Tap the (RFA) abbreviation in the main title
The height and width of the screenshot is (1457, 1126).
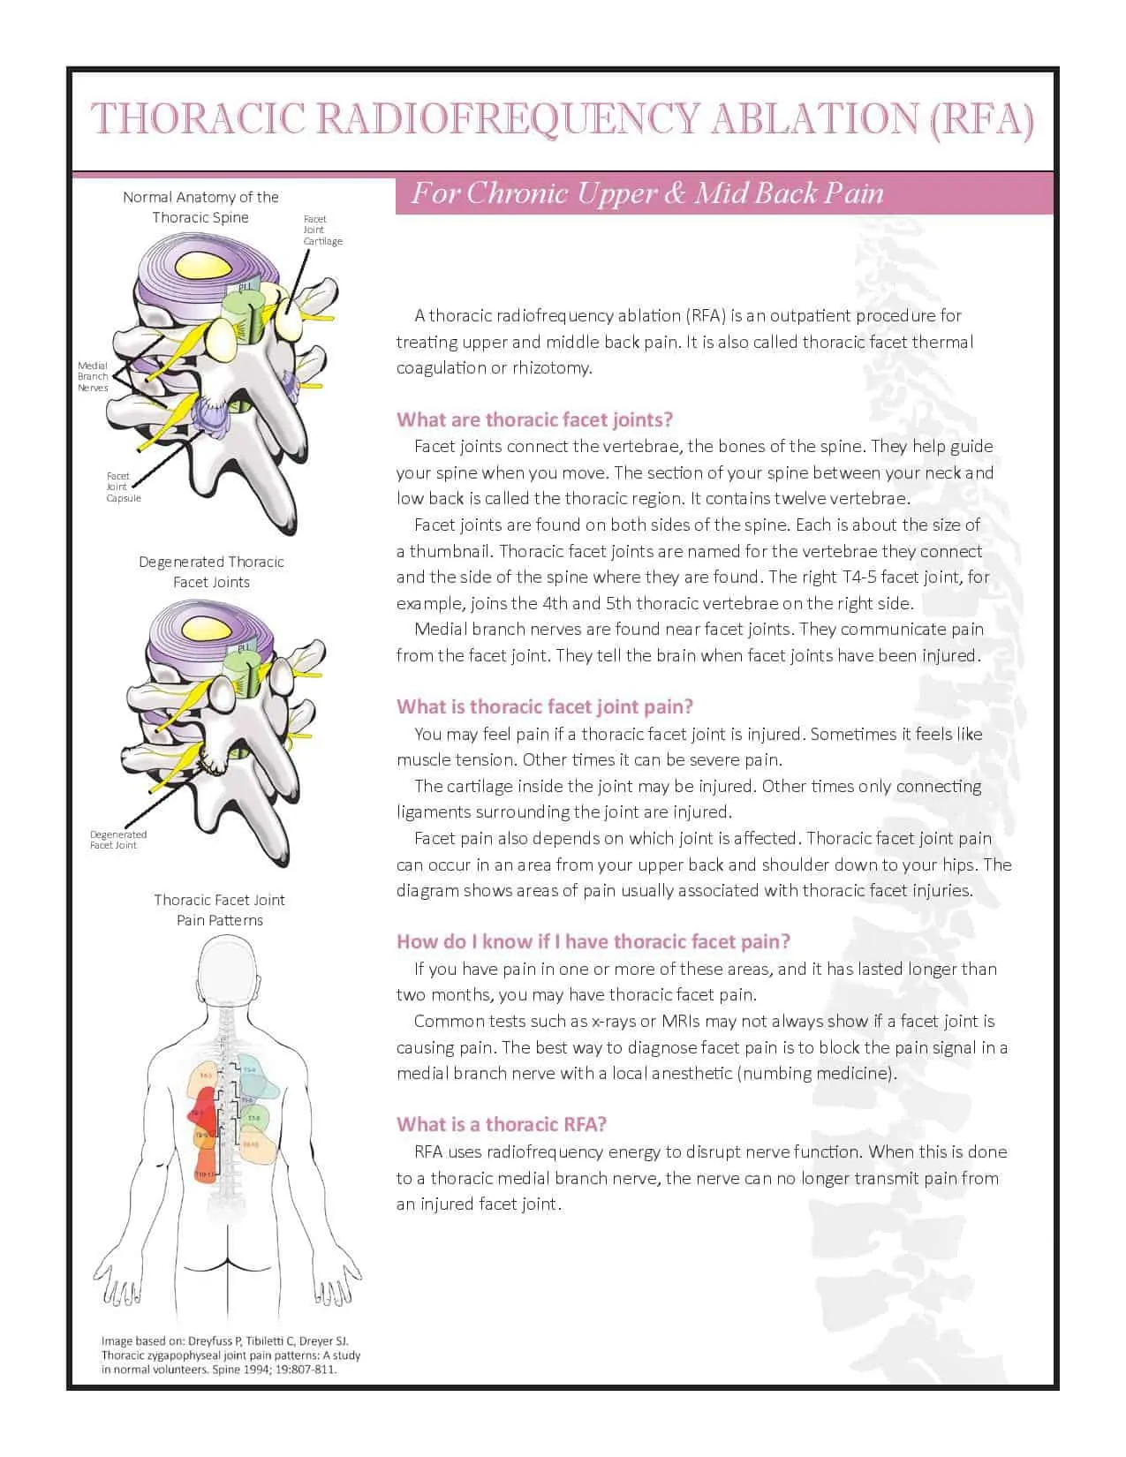(981, 119)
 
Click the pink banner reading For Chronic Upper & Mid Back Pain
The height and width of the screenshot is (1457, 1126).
(647, 193)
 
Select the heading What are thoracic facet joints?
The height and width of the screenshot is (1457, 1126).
(534, 419)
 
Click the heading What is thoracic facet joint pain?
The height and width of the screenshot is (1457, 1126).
(545, 706)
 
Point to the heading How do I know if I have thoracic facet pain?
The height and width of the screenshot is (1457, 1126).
(593, 941)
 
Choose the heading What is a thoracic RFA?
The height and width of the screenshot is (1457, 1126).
(502, 1124)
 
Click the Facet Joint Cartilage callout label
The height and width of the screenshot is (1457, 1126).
(322, 230)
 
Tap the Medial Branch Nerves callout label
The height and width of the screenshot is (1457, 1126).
(93, 376)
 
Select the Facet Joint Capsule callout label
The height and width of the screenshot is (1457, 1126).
(123, 487)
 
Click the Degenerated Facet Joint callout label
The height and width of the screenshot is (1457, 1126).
(117, 840)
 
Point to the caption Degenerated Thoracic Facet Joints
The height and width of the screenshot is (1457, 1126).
(211, 571)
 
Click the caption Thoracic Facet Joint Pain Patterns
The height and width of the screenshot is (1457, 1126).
(219, 910)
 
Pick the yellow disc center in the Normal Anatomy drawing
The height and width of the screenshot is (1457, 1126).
(202, 264)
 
